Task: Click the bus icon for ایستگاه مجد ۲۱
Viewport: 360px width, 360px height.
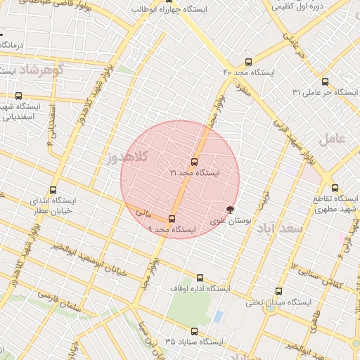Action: click(195, 162)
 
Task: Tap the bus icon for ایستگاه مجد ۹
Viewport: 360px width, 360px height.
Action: click(172, 219)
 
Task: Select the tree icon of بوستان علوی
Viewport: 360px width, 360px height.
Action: click(230, 209)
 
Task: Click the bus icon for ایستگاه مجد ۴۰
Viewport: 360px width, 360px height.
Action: click(248, 62)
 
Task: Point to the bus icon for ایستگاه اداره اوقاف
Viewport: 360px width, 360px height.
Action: click(200, 278)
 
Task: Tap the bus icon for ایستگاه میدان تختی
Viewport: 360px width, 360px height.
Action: click(278, 291)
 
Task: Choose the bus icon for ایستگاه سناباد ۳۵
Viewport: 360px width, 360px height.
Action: click(194, 330)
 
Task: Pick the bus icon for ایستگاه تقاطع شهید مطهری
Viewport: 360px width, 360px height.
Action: click(335, 188)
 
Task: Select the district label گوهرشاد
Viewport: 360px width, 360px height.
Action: click(41, 70)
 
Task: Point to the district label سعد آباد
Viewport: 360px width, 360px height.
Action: click(278, 229)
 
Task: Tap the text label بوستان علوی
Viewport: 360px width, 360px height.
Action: click(229, 221)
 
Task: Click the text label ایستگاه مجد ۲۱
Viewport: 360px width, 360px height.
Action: click(195, 172)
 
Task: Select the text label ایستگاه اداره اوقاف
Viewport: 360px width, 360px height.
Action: click(200, 289)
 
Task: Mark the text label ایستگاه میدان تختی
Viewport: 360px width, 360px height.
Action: click(278, 302)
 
